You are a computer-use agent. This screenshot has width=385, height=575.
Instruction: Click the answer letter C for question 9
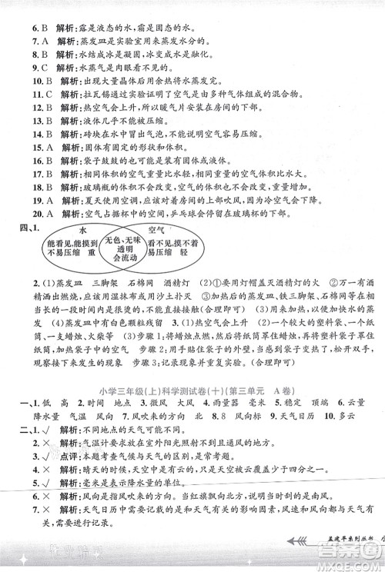(x=45, y=67)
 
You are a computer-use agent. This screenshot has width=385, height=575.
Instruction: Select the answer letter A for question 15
(x=47, y=146)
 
